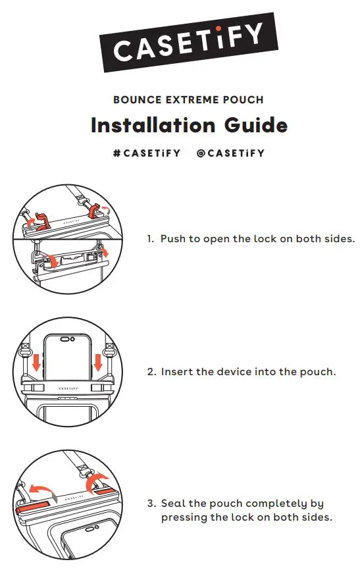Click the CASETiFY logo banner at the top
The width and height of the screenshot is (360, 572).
189,42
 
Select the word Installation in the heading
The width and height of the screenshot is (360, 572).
153,125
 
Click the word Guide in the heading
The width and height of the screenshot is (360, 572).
255,125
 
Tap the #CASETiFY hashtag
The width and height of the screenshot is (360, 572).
147,153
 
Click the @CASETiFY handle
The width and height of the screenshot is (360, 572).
230,153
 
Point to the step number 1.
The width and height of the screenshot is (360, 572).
150,239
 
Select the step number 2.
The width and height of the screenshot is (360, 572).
151,372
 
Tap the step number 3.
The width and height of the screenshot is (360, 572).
151,504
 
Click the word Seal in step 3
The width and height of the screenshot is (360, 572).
173,504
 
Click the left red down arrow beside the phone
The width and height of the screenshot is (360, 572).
36,363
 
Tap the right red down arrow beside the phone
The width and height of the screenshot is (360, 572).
98,363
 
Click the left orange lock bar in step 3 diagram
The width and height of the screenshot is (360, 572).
32,507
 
